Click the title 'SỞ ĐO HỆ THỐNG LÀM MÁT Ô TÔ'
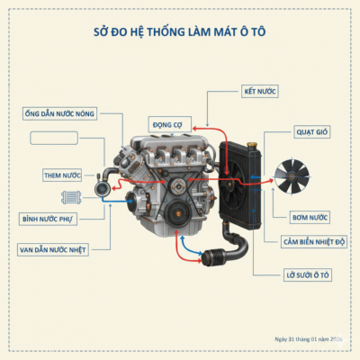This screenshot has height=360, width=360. pos(180,32)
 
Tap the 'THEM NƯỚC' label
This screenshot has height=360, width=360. pos(62,174)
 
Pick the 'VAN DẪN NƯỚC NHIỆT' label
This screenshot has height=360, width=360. pos(54,249)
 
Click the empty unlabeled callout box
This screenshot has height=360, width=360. pos(60,138)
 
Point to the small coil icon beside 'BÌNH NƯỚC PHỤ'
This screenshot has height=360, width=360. pos(70,197)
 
